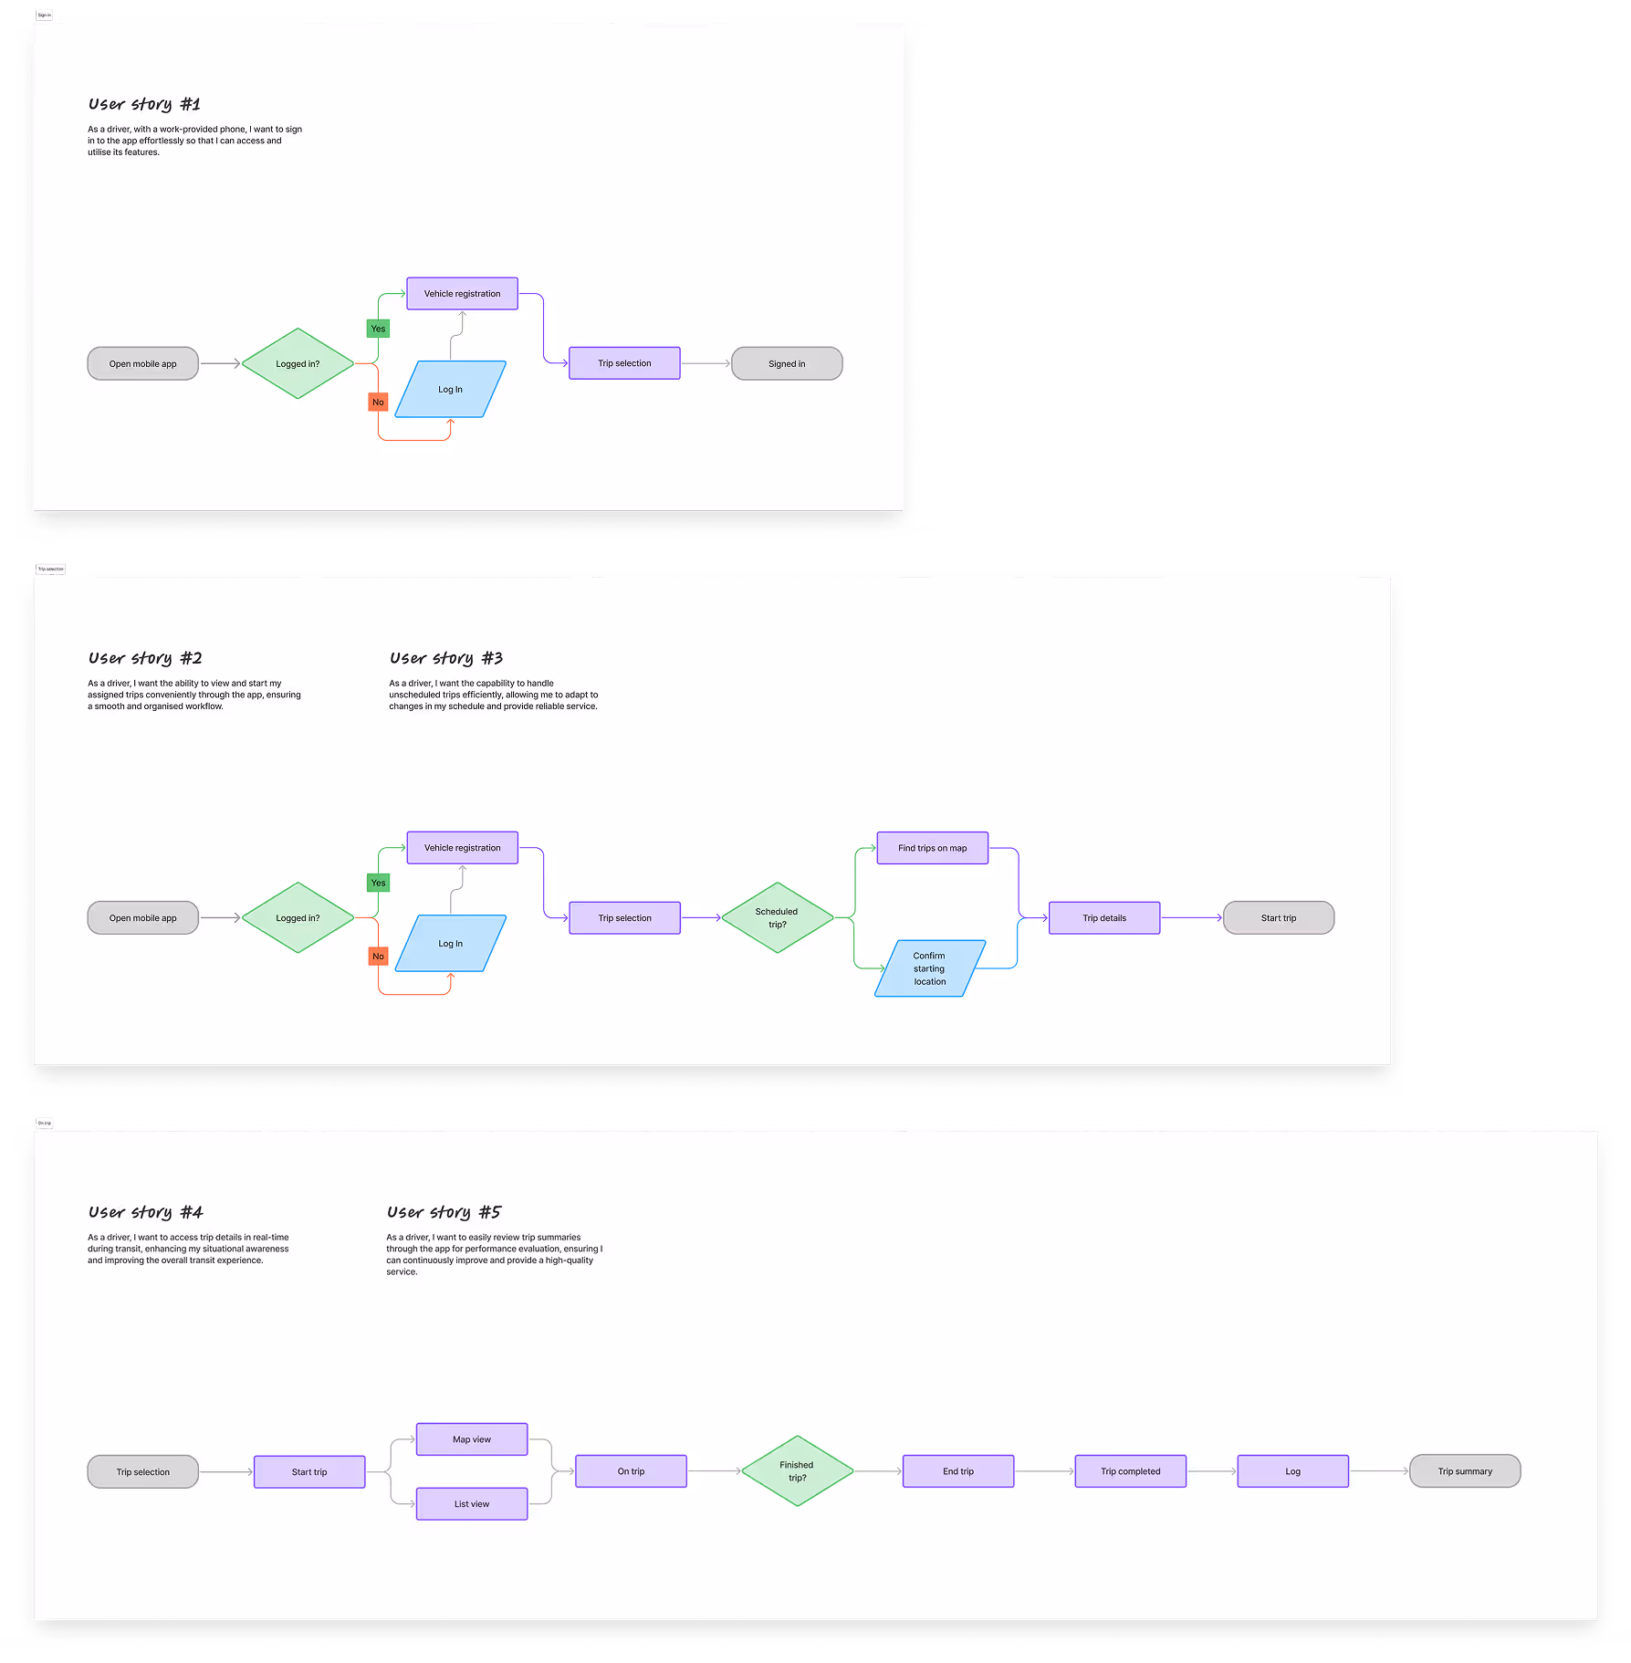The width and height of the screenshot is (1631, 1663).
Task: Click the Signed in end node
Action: [787, 363]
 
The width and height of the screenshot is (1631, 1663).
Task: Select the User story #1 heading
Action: [144, 104]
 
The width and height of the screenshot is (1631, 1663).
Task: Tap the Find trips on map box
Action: [932, 848]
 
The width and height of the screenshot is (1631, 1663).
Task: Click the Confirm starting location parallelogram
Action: [929, 968]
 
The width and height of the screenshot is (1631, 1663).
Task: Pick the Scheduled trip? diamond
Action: [777, 917]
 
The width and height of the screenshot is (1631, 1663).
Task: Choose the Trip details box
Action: [1104, 918]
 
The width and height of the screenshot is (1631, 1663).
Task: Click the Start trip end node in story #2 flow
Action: [1278, 918]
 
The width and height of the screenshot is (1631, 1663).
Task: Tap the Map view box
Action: [472, 1439]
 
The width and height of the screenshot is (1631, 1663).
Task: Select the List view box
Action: [472, 1504]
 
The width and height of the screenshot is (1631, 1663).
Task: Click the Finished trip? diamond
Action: [797, 1471]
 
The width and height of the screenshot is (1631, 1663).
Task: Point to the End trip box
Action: [958, 1471]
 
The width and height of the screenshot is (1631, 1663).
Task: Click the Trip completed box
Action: [1130, 1471]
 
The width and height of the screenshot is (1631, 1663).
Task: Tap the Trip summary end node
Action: [1465, 1471]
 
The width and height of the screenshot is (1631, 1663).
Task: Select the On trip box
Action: [631, 1471]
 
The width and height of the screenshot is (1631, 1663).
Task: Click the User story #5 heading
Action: [444, 1212]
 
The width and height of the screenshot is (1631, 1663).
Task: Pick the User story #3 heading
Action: [446, 658]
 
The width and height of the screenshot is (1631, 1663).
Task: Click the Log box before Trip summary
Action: [1292, 1471]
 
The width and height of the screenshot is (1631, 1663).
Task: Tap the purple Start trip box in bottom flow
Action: [309, 1472]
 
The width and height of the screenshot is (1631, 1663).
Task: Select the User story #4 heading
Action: [145, 1212]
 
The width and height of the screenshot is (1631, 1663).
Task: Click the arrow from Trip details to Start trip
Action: [1191, 918]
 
